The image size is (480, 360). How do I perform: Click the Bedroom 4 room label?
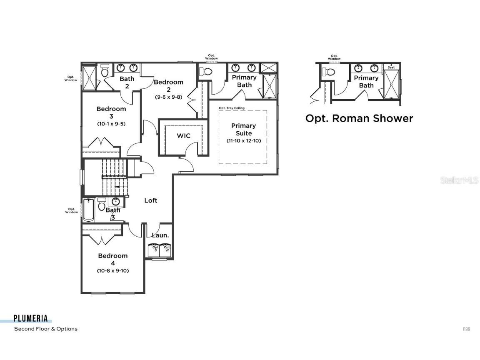(x=112, y=259)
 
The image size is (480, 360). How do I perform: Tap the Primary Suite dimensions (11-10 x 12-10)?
(x=244, y=141)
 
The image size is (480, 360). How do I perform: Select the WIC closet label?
(x=183, y=135)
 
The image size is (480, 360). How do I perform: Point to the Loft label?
(x=150, y=200)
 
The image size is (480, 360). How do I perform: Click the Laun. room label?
(x=160, y=235)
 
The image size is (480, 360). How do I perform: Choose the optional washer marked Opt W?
(x=166, y=250)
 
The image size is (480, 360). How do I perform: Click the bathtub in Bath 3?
(x=88, y=211)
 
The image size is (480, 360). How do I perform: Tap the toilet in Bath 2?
(x=105, y=70)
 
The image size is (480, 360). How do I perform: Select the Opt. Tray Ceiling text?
(x=232, y=108)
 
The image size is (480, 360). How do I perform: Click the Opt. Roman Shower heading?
(x=359, y=118)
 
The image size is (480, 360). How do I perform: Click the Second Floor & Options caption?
(x=46, y=329)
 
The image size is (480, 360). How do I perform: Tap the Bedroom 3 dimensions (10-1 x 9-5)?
(x=111, y=124)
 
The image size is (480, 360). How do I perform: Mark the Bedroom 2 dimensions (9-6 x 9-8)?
(x=168, y=97)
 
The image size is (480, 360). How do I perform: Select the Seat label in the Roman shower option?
(x=391, y=67)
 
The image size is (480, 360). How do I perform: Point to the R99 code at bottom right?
(x=466, y=329)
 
